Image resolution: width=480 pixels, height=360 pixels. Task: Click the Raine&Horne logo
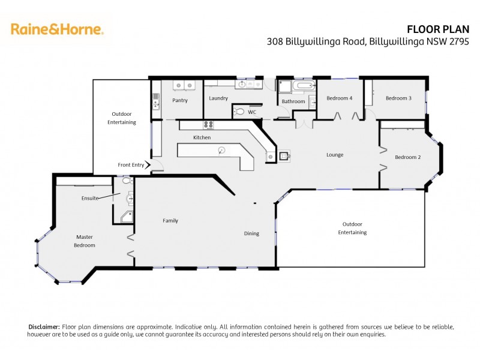click(x=57, y=29)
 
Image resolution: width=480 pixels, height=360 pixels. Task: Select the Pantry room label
click(x=180, y=100)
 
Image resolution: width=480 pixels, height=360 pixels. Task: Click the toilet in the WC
click(x=239, y=111)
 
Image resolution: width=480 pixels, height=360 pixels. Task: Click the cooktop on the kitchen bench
click(x=209, y=125)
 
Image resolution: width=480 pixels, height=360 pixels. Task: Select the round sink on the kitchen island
click(x=221, y=150)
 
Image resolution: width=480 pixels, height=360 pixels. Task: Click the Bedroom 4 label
click(x=339, y=98)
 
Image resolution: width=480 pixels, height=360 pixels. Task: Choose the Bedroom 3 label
click(x=398, y=98)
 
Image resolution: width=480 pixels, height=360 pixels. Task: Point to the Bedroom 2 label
click(x=407, y=157)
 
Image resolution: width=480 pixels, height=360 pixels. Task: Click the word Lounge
click(x=335, y=155)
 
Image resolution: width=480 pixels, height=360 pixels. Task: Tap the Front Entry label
click(x=131, y=165)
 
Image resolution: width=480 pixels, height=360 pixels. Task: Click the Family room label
click(x=170, y=221)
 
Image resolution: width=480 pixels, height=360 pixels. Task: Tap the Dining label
click(x=251, y=233)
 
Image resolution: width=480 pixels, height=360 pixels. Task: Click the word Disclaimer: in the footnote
click(x=44, y=326)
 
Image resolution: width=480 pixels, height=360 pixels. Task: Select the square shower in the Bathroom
click(x=284, y=88)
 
